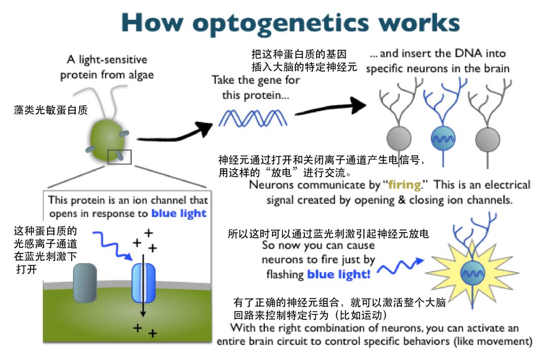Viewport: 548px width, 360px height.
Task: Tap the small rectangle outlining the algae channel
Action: point(120,157)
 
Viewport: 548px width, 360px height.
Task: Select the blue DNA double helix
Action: point(253,118)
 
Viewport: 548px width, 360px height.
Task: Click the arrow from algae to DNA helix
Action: point(175,135)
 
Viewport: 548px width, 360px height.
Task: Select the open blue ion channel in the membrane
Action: point(143,282)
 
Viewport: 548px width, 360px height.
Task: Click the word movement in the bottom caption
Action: point(502,341)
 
